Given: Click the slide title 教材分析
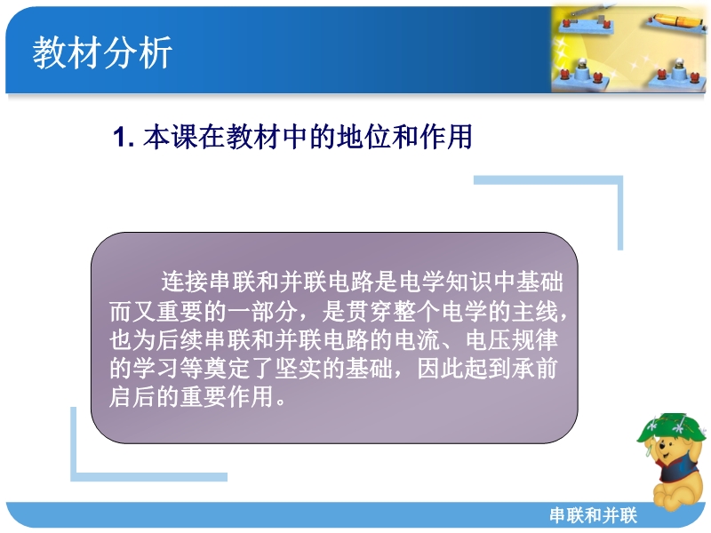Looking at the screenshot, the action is [x=102, y=52].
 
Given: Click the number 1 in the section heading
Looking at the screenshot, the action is [x=119, y=137].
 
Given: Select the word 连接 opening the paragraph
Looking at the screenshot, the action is [x=185, y=282].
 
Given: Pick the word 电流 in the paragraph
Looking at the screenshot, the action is [x=417, y=340].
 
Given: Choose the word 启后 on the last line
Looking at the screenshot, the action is [x=132, y=397].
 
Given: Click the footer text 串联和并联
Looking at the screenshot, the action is [x=593, y=515].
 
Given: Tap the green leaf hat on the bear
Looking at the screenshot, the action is [x=672, y=427].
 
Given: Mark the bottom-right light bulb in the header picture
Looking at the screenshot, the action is [x=679, y=73].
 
